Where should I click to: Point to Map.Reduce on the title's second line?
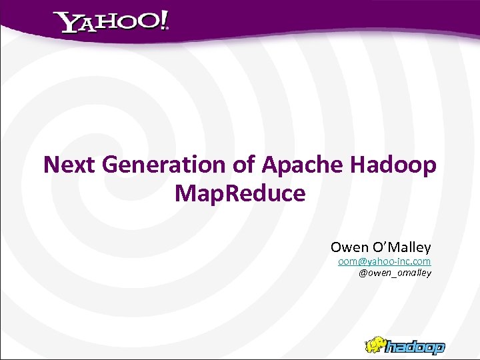[x=240, y=194]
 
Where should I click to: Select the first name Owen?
[x=349, y=249]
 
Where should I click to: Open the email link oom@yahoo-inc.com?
[x=384, y=262]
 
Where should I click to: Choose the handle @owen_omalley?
[x=395, y=273]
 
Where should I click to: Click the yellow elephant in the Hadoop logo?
[x=376, y=343]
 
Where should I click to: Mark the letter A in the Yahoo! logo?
[x=86, y=25]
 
